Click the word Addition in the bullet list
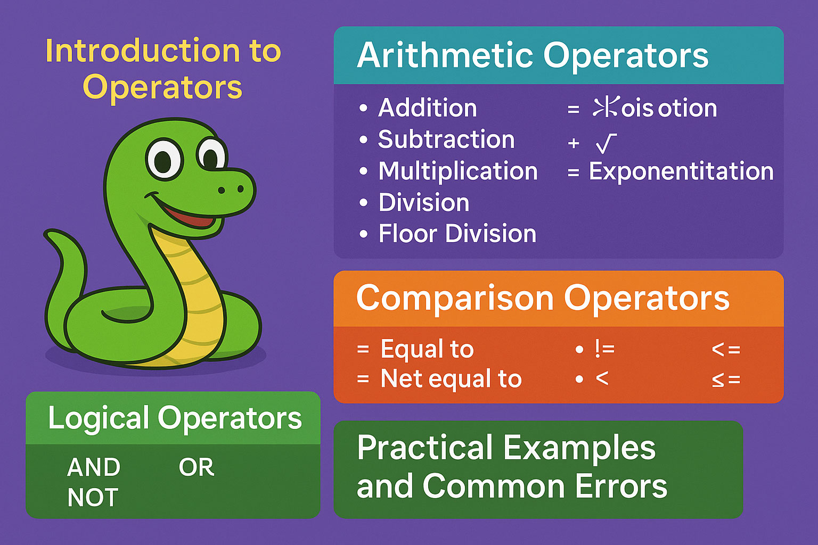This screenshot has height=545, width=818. [x=427, y=108]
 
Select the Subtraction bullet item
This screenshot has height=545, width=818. [x=446, y=139]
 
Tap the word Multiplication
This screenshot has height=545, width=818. [x=458, y=171]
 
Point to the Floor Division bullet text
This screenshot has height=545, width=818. [x=457, y=234]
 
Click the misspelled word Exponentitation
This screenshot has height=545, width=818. [x=681, y=171]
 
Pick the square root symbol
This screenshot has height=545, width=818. [x=606, y=143]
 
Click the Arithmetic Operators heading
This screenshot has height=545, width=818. [x=533, y=55]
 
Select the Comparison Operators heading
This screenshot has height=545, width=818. [x=542, y=298]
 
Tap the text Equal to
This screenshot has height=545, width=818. [x=427, y=349]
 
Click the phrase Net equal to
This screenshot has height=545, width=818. [x=451, y=379]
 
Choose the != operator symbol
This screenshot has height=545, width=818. [x=604, y=349]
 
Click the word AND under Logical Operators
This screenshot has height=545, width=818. [x=94, y=467]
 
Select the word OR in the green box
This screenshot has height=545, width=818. [x=196, y=467]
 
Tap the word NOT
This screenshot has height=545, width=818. [x=93, y=498]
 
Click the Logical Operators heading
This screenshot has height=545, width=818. [x=175, y=418]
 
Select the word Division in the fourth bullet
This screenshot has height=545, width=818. [x=424, y=202]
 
